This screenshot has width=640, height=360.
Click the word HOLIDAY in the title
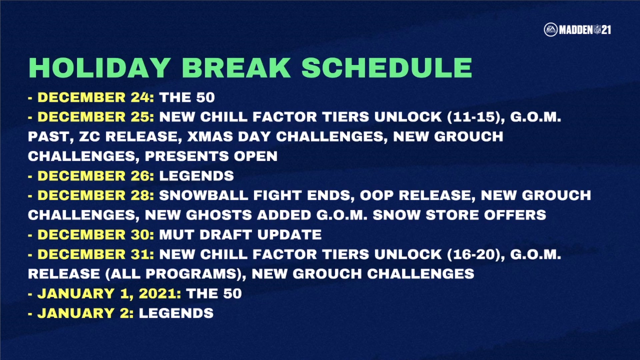(x=100, y=68)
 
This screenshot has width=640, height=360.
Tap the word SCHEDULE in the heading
(x=387, y=68)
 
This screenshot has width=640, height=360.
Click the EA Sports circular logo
(x=550, y=30)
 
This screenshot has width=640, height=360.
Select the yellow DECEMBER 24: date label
(x=96, y=97)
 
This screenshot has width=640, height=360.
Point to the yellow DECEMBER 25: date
(x=96, y=117)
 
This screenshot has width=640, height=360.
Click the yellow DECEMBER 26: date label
(x=96, y=176)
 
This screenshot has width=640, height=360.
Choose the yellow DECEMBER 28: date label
(x=96, y=195)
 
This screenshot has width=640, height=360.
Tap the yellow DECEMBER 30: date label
(x=96, y=235)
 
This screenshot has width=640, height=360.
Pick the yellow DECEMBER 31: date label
(x=96, y=254)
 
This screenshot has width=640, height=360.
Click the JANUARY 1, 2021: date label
(x=109, y=294)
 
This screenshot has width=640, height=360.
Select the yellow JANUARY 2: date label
(x=85, y=313)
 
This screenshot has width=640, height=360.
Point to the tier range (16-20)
(x=476, y=255)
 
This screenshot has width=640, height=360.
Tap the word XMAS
(x=210, y=137)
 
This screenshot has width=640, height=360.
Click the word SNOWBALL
(x=204, y=195)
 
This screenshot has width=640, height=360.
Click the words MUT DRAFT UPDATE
(x=240, y=235)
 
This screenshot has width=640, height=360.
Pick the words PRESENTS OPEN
(x=211, y=156)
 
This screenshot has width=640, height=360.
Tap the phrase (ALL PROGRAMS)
(x=176, y=274)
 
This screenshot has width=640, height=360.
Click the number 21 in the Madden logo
(x=606, y=30)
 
